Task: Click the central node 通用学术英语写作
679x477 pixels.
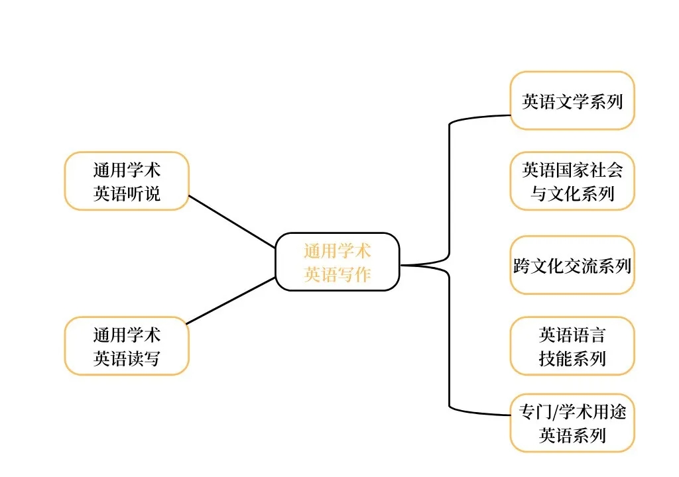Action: (338, 262)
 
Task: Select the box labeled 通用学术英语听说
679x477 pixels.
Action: (127, 181)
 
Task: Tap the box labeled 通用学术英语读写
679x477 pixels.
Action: (127, 346)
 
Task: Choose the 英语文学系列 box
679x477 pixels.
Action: (572, 101)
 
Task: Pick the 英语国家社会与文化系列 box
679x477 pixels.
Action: (572, 181)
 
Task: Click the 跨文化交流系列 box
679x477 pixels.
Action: (572, 265)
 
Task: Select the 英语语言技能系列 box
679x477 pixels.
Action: (572, 346)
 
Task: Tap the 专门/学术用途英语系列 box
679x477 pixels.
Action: (572, 423)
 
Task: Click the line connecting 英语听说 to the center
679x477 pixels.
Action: (232, 221)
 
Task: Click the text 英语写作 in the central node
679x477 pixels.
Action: (338, 274)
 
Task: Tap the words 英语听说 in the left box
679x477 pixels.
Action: (127, 193)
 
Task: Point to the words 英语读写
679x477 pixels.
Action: (127, 358)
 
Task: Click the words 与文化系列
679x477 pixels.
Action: (572, 193)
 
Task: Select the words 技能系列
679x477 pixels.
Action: (572, 358)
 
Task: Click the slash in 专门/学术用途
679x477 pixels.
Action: (554, 412)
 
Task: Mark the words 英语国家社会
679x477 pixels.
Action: (572, 170)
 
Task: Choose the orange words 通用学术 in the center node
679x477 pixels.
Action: (338, 251)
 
